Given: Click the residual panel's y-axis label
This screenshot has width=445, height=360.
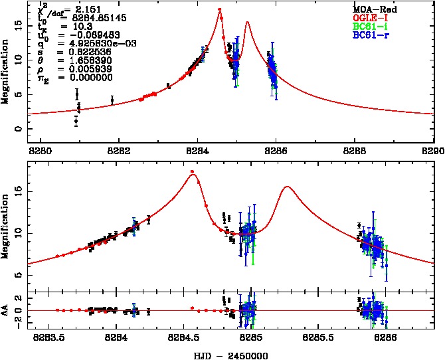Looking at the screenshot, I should (x=6, y=310).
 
